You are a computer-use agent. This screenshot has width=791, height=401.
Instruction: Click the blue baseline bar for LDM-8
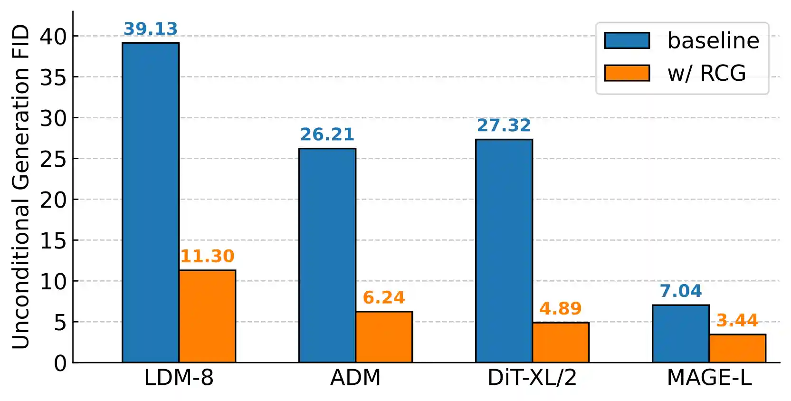coord(151,202)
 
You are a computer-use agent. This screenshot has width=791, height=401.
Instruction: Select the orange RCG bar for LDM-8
coord(208,316)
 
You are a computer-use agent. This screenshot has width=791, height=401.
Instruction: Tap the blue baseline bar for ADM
coord(327,256)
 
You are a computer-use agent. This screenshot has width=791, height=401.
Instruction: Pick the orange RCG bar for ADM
coord(384,337)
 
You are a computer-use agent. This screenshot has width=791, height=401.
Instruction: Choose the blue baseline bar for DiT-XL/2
coord(504,251)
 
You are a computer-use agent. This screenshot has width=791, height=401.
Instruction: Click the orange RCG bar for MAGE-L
coord(737,348)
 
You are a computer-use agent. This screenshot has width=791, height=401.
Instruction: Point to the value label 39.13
coord(151,29)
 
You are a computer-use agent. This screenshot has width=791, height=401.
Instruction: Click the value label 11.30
coord(208,257)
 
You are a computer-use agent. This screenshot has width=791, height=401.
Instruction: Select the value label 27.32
coord(504,125)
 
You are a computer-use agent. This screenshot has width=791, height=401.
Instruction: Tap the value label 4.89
coord(561,309)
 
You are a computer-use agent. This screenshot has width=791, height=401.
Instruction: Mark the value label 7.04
coord(681,291)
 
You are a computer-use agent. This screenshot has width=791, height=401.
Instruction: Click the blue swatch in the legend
coord(627,41)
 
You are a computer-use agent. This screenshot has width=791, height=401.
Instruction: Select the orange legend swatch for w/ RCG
coord(627,73)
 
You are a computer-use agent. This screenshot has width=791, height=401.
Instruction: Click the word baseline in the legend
coord(713,41)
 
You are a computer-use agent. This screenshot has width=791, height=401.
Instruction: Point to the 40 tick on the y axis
coord(53,37)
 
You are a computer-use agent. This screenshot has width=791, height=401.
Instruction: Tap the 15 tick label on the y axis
coord(53,241)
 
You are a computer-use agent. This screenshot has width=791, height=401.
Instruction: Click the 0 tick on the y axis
coord(60,363)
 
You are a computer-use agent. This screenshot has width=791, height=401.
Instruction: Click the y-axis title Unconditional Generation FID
coord(21,187)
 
